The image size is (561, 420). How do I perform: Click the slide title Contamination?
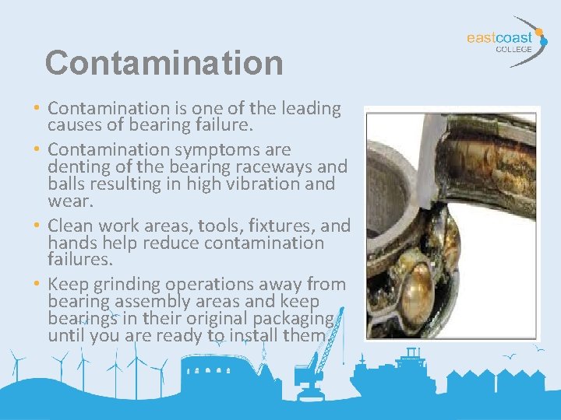coord(164,62)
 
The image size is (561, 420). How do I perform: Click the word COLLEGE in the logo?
coord(513,48)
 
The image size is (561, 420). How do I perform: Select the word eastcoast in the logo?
coord(499,37)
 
